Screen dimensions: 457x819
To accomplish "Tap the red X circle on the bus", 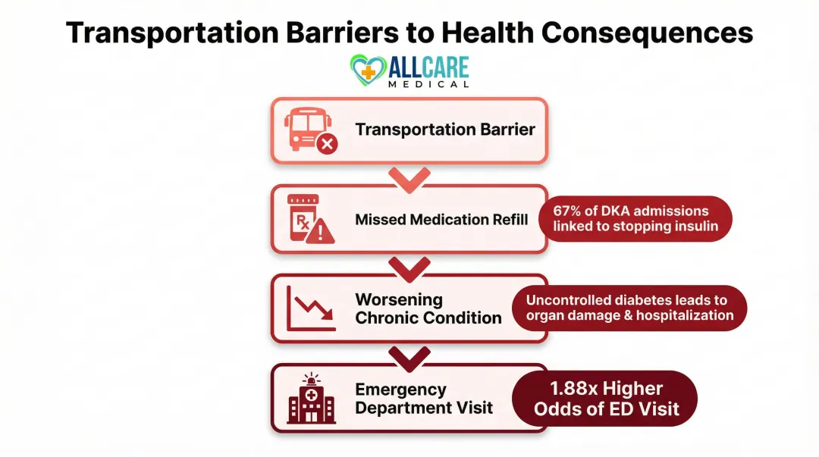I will point(327,142).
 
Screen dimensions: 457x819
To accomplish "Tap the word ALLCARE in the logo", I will point(428,67).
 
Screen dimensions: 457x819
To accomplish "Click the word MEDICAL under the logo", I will point(428,84).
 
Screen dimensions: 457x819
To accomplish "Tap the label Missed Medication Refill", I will point(441,220).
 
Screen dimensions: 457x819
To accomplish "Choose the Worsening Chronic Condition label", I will point(428,308).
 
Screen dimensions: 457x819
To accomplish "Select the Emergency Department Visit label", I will point(424,398).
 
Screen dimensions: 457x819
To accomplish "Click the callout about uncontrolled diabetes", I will point(629,308).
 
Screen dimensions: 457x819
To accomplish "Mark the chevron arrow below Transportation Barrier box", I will point(409,179).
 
